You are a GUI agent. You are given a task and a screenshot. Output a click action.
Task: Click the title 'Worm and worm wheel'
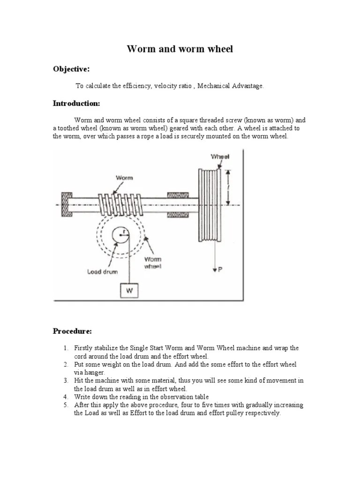click(180, 49)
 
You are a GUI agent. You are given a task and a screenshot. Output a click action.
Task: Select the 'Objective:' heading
click(71, 69)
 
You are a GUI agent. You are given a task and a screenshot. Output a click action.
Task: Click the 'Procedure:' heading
click(72, 331)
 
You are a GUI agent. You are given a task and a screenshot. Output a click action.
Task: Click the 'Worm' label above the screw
click(124, 178)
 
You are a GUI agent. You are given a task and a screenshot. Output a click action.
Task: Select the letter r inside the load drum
click(123, 231)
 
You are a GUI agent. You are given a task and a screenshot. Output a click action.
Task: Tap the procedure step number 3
click(66, 381)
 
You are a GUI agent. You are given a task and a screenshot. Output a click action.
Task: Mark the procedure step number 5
click(66, 405)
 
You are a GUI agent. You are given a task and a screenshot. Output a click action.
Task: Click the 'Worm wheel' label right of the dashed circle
click(153, 262)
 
